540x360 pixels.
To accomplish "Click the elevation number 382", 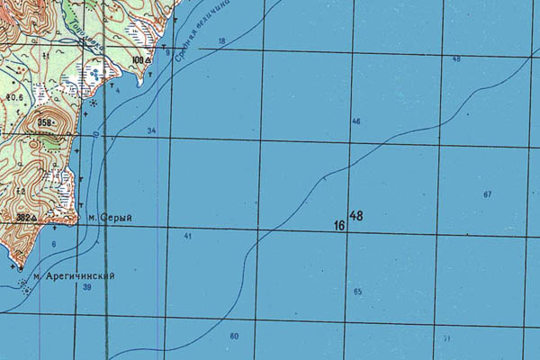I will tap(23, 217).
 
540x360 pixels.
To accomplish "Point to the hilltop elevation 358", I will tap(47, 121).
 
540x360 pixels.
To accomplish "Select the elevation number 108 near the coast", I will tap(138, 60).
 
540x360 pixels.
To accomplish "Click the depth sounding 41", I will tap(188, 236).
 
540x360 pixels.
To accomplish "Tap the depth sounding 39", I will tap(87, 287).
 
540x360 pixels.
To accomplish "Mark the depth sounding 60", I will tap(234, 336).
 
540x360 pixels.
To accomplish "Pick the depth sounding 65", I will tap(357, 292).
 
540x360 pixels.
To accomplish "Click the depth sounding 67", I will tap(487, 194).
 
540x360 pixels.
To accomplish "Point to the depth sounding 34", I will tap(151, 131).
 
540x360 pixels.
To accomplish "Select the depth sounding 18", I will tap(221, 41).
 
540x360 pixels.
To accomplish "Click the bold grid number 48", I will tap(356, 216).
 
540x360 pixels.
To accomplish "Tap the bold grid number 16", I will tap(339, 224).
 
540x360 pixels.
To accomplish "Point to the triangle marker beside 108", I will tap(148, 60).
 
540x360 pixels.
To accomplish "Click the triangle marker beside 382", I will tap(35, 217).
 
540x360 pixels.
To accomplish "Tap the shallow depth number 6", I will tap(53, 245).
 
